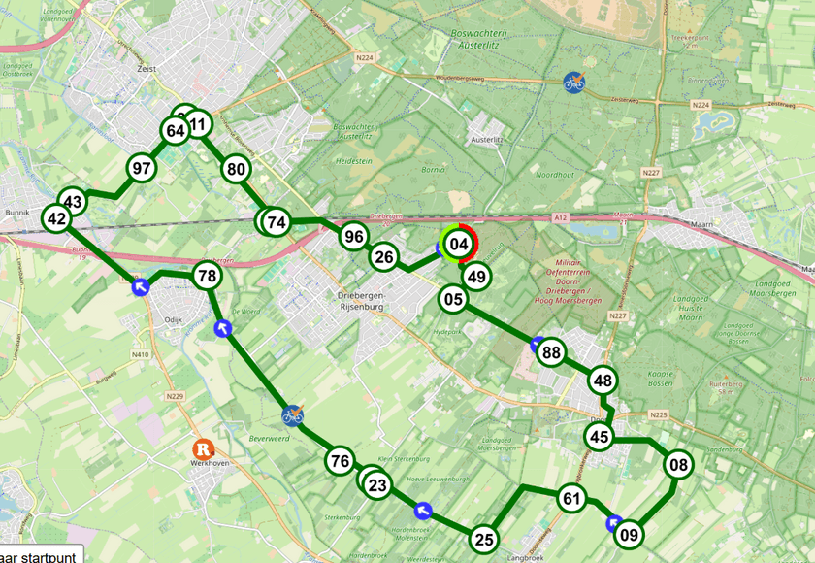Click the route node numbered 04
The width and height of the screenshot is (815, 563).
point(460,244)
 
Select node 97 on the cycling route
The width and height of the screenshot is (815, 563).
point(143,168)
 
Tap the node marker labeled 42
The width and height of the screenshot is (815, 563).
point(56,219)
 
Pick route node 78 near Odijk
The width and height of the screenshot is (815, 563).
point(207,276)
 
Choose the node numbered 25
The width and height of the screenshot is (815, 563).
point(484,539)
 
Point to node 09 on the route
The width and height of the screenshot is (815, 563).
point(630,533)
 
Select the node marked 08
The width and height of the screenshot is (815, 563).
point(678,465)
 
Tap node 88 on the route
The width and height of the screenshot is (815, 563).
point(552,352)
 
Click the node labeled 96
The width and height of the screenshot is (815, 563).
point(354,236)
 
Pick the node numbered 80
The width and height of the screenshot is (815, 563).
point(236,169)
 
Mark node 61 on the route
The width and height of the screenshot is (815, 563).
point(572,499)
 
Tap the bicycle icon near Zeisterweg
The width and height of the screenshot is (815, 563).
point(575,82)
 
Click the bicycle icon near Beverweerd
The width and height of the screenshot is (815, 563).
point(292,415)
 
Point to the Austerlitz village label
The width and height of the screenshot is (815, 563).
point(490,140)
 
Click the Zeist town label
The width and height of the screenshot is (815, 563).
point(147,69)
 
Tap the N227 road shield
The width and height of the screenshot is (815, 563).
point(651,173)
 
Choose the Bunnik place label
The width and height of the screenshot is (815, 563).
point(17,211)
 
